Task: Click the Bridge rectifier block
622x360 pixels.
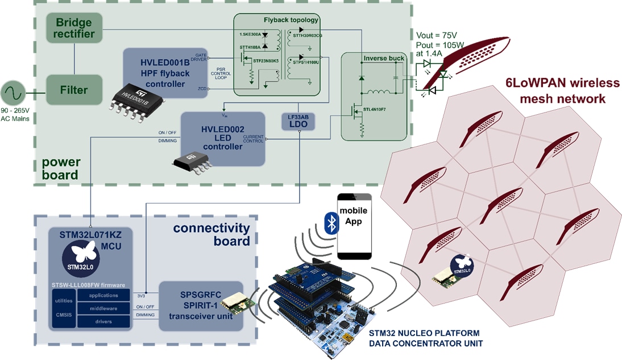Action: point(74,28)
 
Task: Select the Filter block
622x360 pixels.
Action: point(74,90)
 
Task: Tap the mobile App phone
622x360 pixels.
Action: point(354,226)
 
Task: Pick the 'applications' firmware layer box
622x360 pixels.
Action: point(103,295)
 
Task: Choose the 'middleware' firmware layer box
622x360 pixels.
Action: point(103,308)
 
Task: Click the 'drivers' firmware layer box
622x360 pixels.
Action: point(103,321)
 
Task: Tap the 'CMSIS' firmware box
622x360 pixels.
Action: point(64,315)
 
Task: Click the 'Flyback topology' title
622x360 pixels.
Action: point(291,20)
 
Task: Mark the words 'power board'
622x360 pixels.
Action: point(59,169)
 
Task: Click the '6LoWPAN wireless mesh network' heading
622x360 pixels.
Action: point(562,91)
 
